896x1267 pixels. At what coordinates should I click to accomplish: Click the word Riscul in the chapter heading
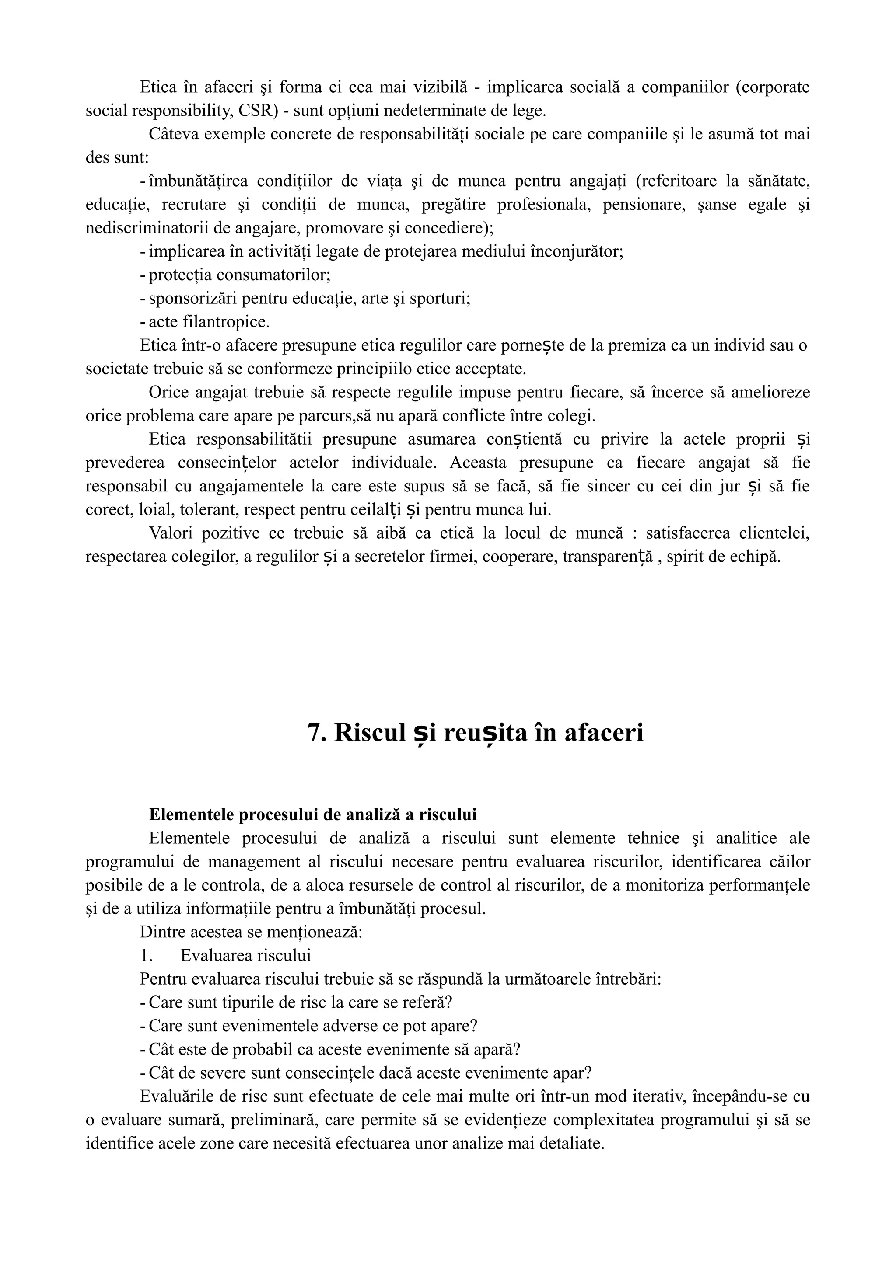[x=370, y=733]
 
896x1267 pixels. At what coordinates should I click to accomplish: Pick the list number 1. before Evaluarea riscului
[x=146, y=909]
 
